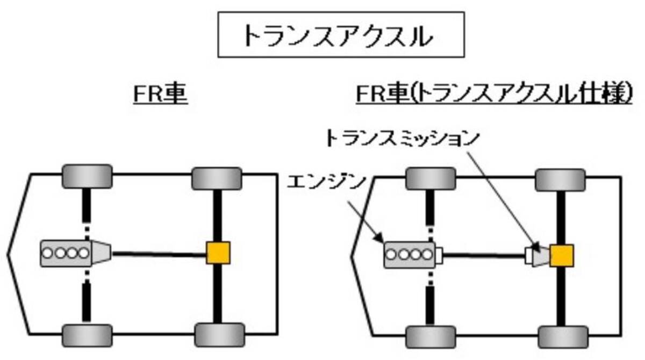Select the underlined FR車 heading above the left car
point(160,95)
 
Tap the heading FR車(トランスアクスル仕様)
point(494,95)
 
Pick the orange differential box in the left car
point(218,253)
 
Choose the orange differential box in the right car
point(561,256)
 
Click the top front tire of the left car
point(87,176)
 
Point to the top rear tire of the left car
point(216,178)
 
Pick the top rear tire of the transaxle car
point(560,179)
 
